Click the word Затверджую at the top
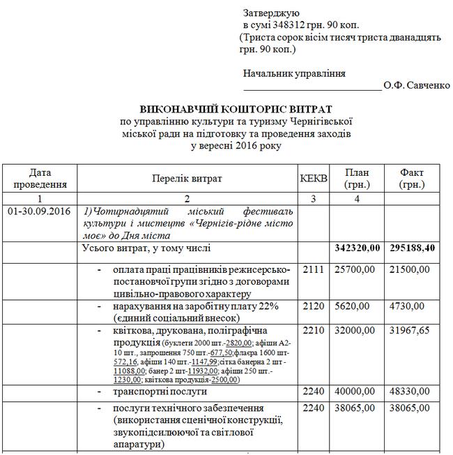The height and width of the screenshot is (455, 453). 271,13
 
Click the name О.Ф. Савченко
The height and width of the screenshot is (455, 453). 417,86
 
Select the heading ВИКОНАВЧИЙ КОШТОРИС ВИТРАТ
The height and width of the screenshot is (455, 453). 236,110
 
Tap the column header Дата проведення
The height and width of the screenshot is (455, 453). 40,179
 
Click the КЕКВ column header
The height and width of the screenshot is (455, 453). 313,179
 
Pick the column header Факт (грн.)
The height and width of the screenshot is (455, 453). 417,179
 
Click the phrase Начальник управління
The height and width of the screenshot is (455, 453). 294,73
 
